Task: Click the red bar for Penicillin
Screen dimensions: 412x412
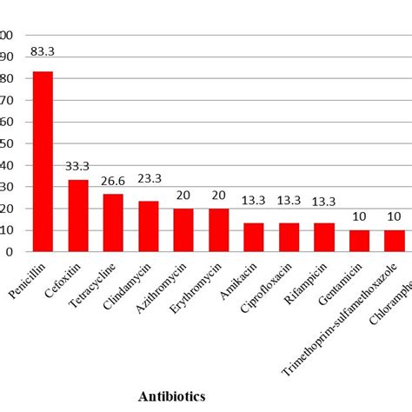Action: point(43,162)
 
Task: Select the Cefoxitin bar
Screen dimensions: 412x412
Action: point(78,216)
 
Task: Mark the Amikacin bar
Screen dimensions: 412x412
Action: point(254,237)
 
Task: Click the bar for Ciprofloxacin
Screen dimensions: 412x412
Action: point(289,237)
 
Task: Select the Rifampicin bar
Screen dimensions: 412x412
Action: point(324,237)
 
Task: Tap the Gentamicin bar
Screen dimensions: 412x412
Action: point(360,241)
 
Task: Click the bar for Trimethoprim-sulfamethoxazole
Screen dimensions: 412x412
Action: point(395,241)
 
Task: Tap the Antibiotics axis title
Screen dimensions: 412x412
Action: point(171,395)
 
